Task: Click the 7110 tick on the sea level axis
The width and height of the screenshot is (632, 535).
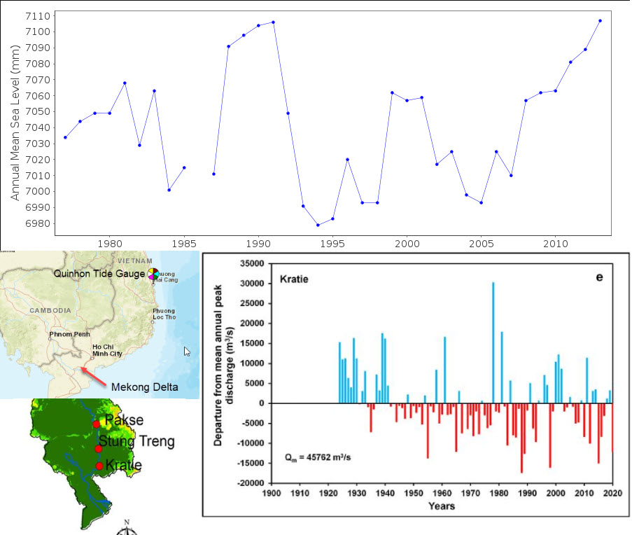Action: point(38,16)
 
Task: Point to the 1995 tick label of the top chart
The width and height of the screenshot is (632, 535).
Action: point(332,244)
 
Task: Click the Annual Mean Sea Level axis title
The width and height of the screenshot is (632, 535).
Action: point(15,123)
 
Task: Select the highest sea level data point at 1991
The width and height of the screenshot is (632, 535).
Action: point(273,22)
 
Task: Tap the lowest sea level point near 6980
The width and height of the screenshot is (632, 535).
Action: point(318,225)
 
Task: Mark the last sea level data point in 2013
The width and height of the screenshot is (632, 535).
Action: point(601,20)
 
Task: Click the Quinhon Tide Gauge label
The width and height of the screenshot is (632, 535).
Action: point(99,274)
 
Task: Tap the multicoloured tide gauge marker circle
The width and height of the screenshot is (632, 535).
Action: point(153,274)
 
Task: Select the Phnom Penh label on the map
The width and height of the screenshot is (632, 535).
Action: point(70,334)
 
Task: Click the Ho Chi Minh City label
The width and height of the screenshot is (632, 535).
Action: point(107,350)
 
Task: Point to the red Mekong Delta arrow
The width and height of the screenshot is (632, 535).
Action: point(94,375)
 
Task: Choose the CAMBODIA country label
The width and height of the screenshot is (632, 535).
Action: point(50,310)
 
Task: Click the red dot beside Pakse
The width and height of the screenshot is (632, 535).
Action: point(96,424)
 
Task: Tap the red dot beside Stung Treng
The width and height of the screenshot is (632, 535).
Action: point(99,449)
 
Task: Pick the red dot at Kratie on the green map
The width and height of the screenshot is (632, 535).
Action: point(99,466)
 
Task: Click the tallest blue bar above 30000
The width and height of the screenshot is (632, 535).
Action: point(493,342)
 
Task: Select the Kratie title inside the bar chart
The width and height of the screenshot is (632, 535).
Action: point(294,279)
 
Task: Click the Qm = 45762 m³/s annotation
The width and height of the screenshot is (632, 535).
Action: point(318,457)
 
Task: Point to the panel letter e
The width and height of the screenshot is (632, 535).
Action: point(599,277)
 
